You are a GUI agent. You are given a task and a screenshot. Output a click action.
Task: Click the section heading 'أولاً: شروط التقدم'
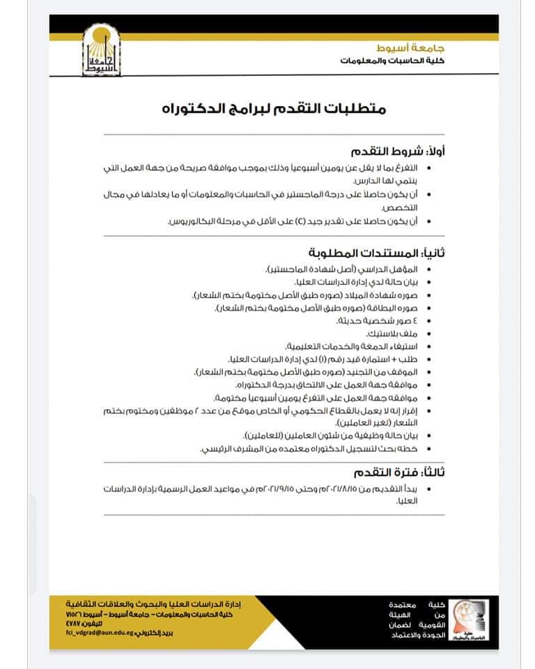[399, 151]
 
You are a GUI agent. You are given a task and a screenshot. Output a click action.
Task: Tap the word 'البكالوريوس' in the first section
[193, 221]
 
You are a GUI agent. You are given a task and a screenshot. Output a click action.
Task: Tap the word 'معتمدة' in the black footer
[403, 602]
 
